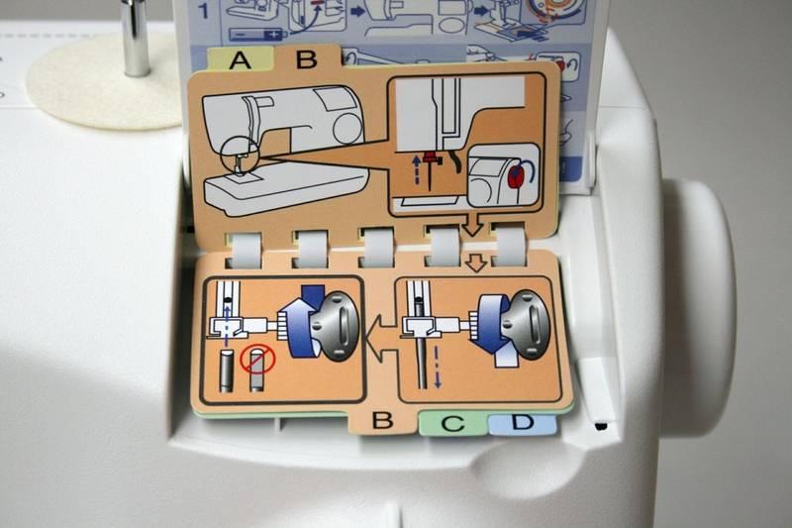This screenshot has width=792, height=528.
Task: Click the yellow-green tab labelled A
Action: click(240, 59)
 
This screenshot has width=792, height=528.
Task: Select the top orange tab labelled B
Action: click(307, 58)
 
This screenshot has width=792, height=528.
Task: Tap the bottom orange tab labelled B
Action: click(382, 420)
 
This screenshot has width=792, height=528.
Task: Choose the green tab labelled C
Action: click(452, 422)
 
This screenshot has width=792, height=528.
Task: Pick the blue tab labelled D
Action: click(523, 422)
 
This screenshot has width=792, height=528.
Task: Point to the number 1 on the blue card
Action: click(203, 10)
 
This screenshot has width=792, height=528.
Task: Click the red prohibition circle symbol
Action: click(258, 360)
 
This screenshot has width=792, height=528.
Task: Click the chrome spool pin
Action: click(136, 38)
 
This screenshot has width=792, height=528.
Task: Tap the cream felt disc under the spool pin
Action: click(105, 82)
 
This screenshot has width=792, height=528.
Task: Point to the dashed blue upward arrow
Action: click(417, 169)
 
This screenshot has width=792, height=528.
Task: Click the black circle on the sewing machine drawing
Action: click(240, 156)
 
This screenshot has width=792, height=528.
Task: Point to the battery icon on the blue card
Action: click(257, 35)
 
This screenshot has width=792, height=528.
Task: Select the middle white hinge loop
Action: click(376, 248)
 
